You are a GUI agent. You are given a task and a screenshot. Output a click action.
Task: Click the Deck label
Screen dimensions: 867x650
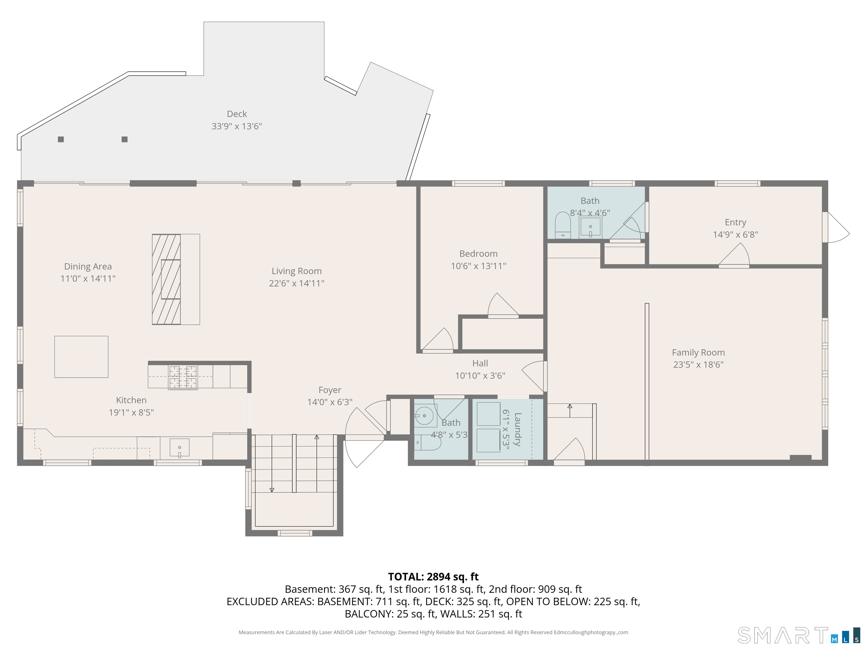[x=237, y=114]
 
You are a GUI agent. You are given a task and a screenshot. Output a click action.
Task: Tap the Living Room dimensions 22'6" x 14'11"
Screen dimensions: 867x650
[x=296, y=283]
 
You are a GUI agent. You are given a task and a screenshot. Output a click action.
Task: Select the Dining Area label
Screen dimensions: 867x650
[x=88, y=266]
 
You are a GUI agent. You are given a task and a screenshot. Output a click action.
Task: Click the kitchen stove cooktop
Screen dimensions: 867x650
[x=183, y=377]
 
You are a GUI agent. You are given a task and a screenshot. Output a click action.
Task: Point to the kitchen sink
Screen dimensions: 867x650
[x=179, y=448]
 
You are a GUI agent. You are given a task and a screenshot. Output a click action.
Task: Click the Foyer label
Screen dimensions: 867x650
[x=330, y=390]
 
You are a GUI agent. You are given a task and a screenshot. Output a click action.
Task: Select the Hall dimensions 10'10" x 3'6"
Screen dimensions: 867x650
[x=480, y=376]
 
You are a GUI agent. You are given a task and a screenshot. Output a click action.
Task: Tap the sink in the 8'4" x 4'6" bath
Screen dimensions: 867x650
[x=590, y=227]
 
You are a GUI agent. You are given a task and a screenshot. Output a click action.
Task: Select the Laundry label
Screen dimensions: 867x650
[x=517, y=429]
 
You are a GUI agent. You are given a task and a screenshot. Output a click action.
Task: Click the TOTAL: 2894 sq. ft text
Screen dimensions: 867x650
[x=433, y=577]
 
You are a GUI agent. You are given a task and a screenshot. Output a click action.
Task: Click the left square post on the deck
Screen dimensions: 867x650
[x=61, y=139]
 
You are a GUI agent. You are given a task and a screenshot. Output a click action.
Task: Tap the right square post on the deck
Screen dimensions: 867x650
[x=125, y=139]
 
